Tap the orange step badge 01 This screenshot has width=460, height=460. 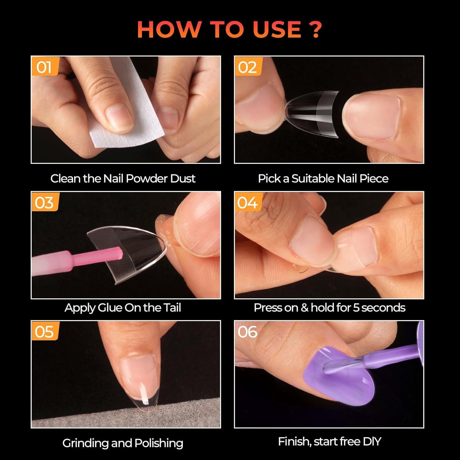44,67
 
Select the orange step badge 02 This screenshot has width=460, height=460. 247,67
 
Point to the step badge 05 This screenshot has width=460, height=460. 44,332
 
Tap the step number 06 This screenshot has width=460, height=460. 247,332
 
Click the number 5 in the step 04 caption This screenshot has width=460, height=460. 356,308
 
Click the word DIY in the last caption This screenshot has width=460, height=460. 372,442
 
